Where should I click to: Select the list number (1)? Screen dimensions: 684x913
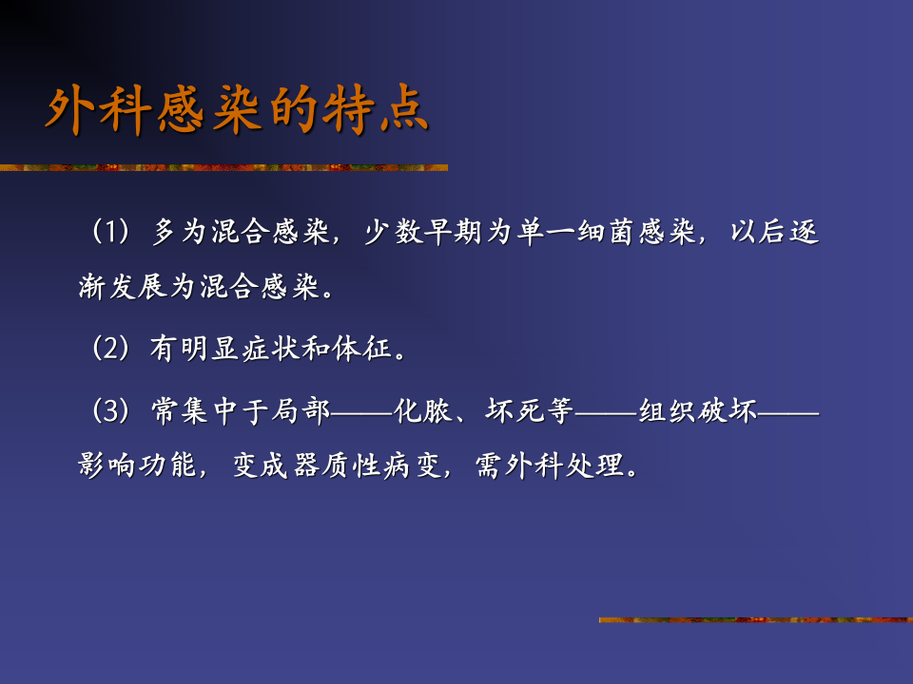[109, 233]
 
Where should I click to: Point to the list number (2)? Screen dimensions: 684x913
[109, 349]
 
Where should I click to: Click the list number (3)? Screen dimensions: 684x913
[109, 411]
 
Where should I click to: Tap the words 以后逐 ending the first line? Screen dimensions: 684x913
[774, 233]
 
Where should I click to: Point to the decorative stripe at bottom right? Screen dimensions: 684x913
[755, 620]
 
